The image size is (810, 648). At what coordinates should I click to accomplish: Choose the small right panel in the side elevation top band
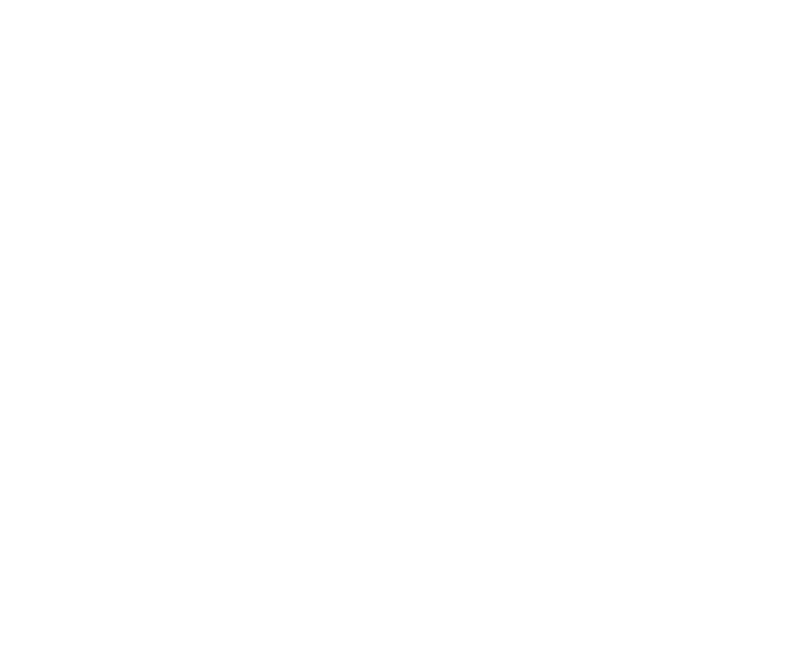[456, 107]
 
